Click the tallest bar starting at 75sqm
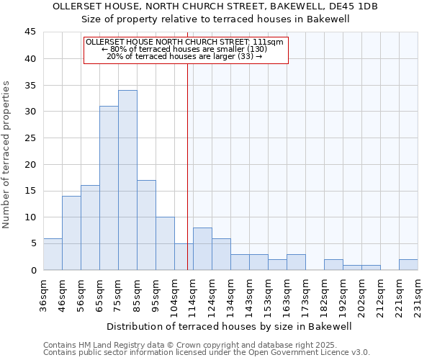pos(127,180)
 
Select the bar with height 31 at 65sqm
pos(109,188)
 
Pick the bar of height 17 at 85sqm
pos(146,225)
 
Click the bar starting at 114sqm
pos(202,249)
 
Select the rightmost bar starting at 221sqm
pos(408,265)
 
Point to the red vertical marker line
pos(187,158)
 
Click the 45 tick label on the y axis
pos(30,32)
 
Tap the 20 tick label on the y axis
pos(30,164)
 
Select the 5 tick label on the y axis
pos(32,243)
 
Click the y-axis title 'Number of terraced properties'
pos(7,154)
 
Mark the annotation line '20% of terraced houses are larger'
pos(184,56)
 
